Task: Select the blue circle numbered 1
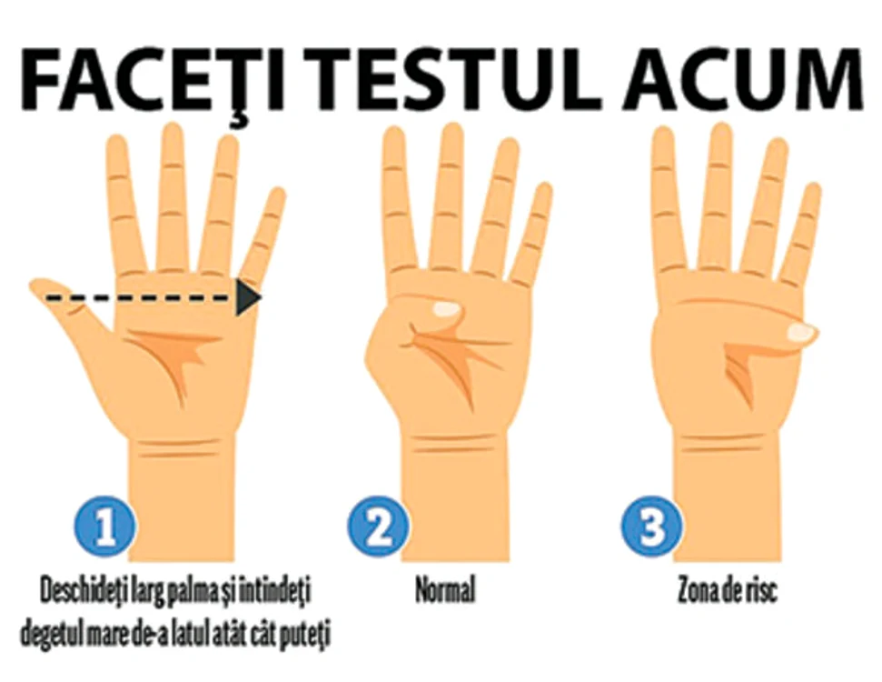(105, 527)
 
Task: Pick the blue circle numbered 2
(378, 527)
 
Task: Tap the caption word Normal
(445, 591)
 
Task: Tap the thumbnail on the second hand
(447, 308)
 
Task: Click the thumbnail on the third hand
(801, 332)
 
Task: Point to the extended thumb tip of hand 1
(35, 287)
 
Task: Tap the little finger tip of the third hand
(813, 188)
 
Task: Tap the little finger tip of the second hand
(544, 188)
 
